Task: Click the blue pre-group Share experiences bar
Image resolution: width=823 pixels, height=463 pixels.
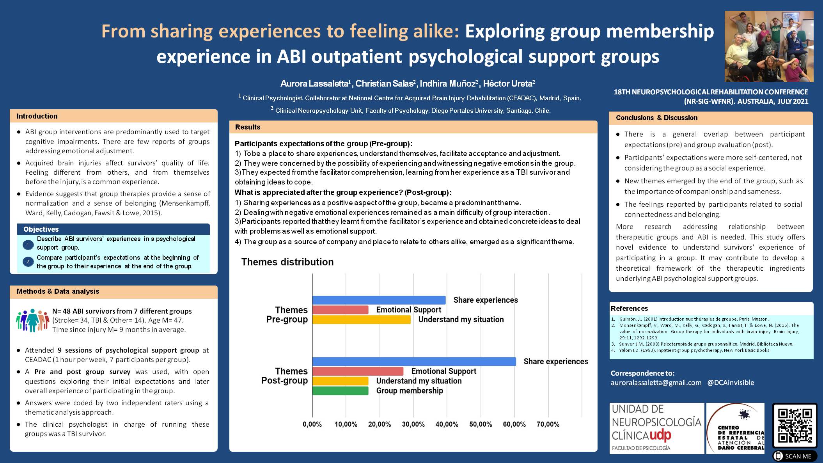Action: pyautogui.click(x=379, y=300)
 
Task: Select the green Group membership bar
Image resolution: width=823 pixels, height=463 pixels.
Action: pyautogui.click(x=340, y=390)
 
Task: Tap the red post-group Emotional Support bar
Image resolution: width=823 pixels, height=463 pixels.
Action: pyautogui.click(x=358, y=371)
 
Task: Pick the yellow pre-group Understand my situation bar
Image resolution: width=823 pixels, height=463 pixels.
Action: pyautogui.click(x=362, y=319)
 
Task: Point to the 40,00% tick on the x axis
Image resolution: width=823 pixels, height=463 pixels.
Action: pyautogui.click(x=447, y=424)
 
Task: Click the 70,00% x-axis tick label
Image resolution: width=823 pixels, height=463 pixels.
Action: pyautogui.click(x=548, y=424)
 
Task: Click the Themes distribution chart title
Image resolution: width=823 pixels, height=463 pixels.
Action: pyautogui.click(x=287, y=262)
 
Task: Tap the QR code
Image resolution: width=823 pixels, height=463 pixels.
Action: pyautogui.click(x=795, y=426)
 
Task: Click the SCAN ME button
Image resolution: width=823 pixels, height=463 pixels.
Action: pyautogui.click(x=795, y=456)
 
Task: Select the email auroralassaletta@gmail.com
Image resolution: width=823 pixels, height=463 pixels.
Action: pyautogui.click(x=656, y=383)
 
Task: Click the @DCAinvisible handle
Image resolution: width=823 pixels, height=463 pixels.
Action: pyautogui.click(x=731, y=383)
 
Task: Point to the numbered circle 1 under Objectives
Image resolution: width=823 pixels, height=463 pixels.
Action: pyautogui.click(x=28, y=245)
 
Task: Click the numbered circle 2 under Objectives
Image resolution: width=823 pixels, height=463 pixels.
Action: pyautogui.click(x=28, y=262)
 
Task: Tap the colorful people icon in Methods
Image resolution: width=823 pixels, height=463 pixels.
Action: pyautogui.click(x=32, y=321)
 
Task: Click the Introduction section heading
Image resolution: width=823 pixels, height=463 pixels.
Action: pyautogui.click(x=37, y=116)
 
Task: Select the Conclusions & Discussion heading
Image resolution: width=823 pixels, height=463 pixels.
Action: pyautogui.click(x=656, y=118)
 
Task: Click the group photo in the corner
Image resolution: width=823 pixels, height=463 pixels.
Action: pyautogui.click(x=769, y=46)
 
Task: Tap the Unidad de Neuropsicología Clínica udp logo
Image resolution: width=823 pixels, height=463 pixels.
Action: pyautogui.click(x=656, y=428)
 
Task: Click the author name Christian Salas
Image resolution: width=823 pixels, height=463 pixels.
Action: pyautogui.click(x=384, y=83)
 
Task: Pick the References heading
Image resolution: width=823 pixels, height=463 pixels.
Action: pyautogui.click(x=629, y=309)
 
